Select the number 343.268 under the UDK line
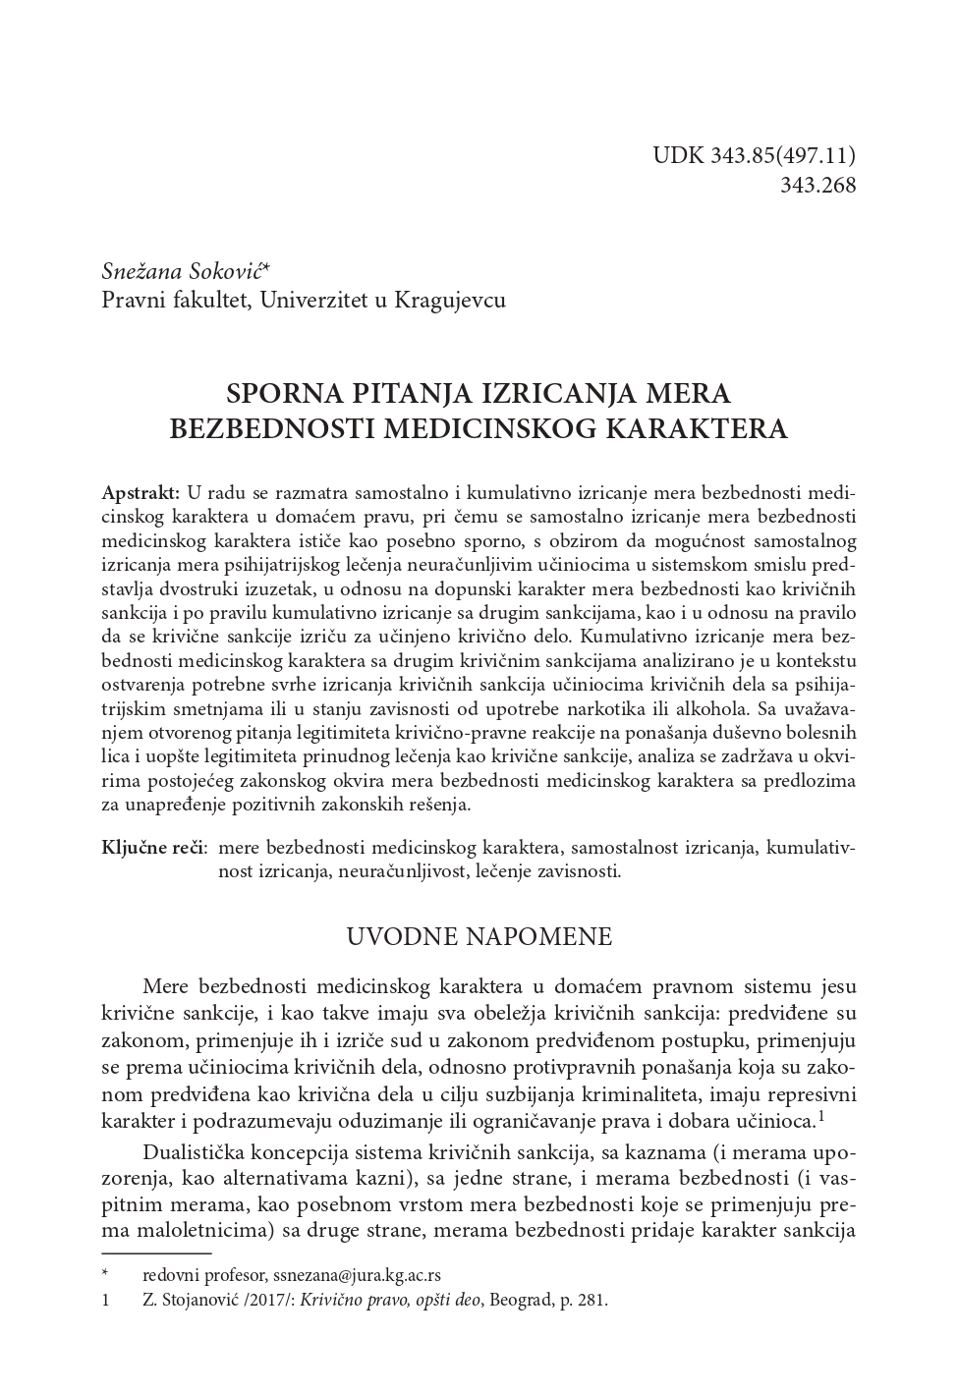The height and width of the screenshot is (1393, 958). [x=817, y=185]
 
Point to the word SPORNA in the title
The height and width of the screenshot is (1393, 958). [x=283, y=394]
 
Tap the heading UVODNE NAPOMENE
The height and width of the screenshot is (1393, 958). [x=479, y=936]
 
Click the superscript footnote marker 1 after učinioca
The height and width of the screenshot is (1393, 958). [x=821, y=1117]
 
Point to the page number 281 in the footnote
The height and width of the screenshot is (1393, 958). [x=593, y=1300]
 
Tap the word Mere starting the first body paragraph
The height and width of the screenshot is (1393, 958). [x=166, y=986]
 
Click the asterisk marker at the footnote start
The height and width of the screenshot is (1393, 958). [x=105, y=1275]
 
